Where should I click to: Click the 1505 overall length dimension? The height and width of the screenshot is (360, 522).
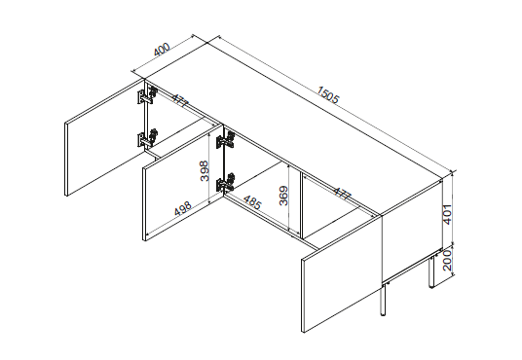tap(327, 96)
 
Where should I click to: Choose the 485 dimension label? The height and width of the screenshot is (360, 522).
tap(251, 203)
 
